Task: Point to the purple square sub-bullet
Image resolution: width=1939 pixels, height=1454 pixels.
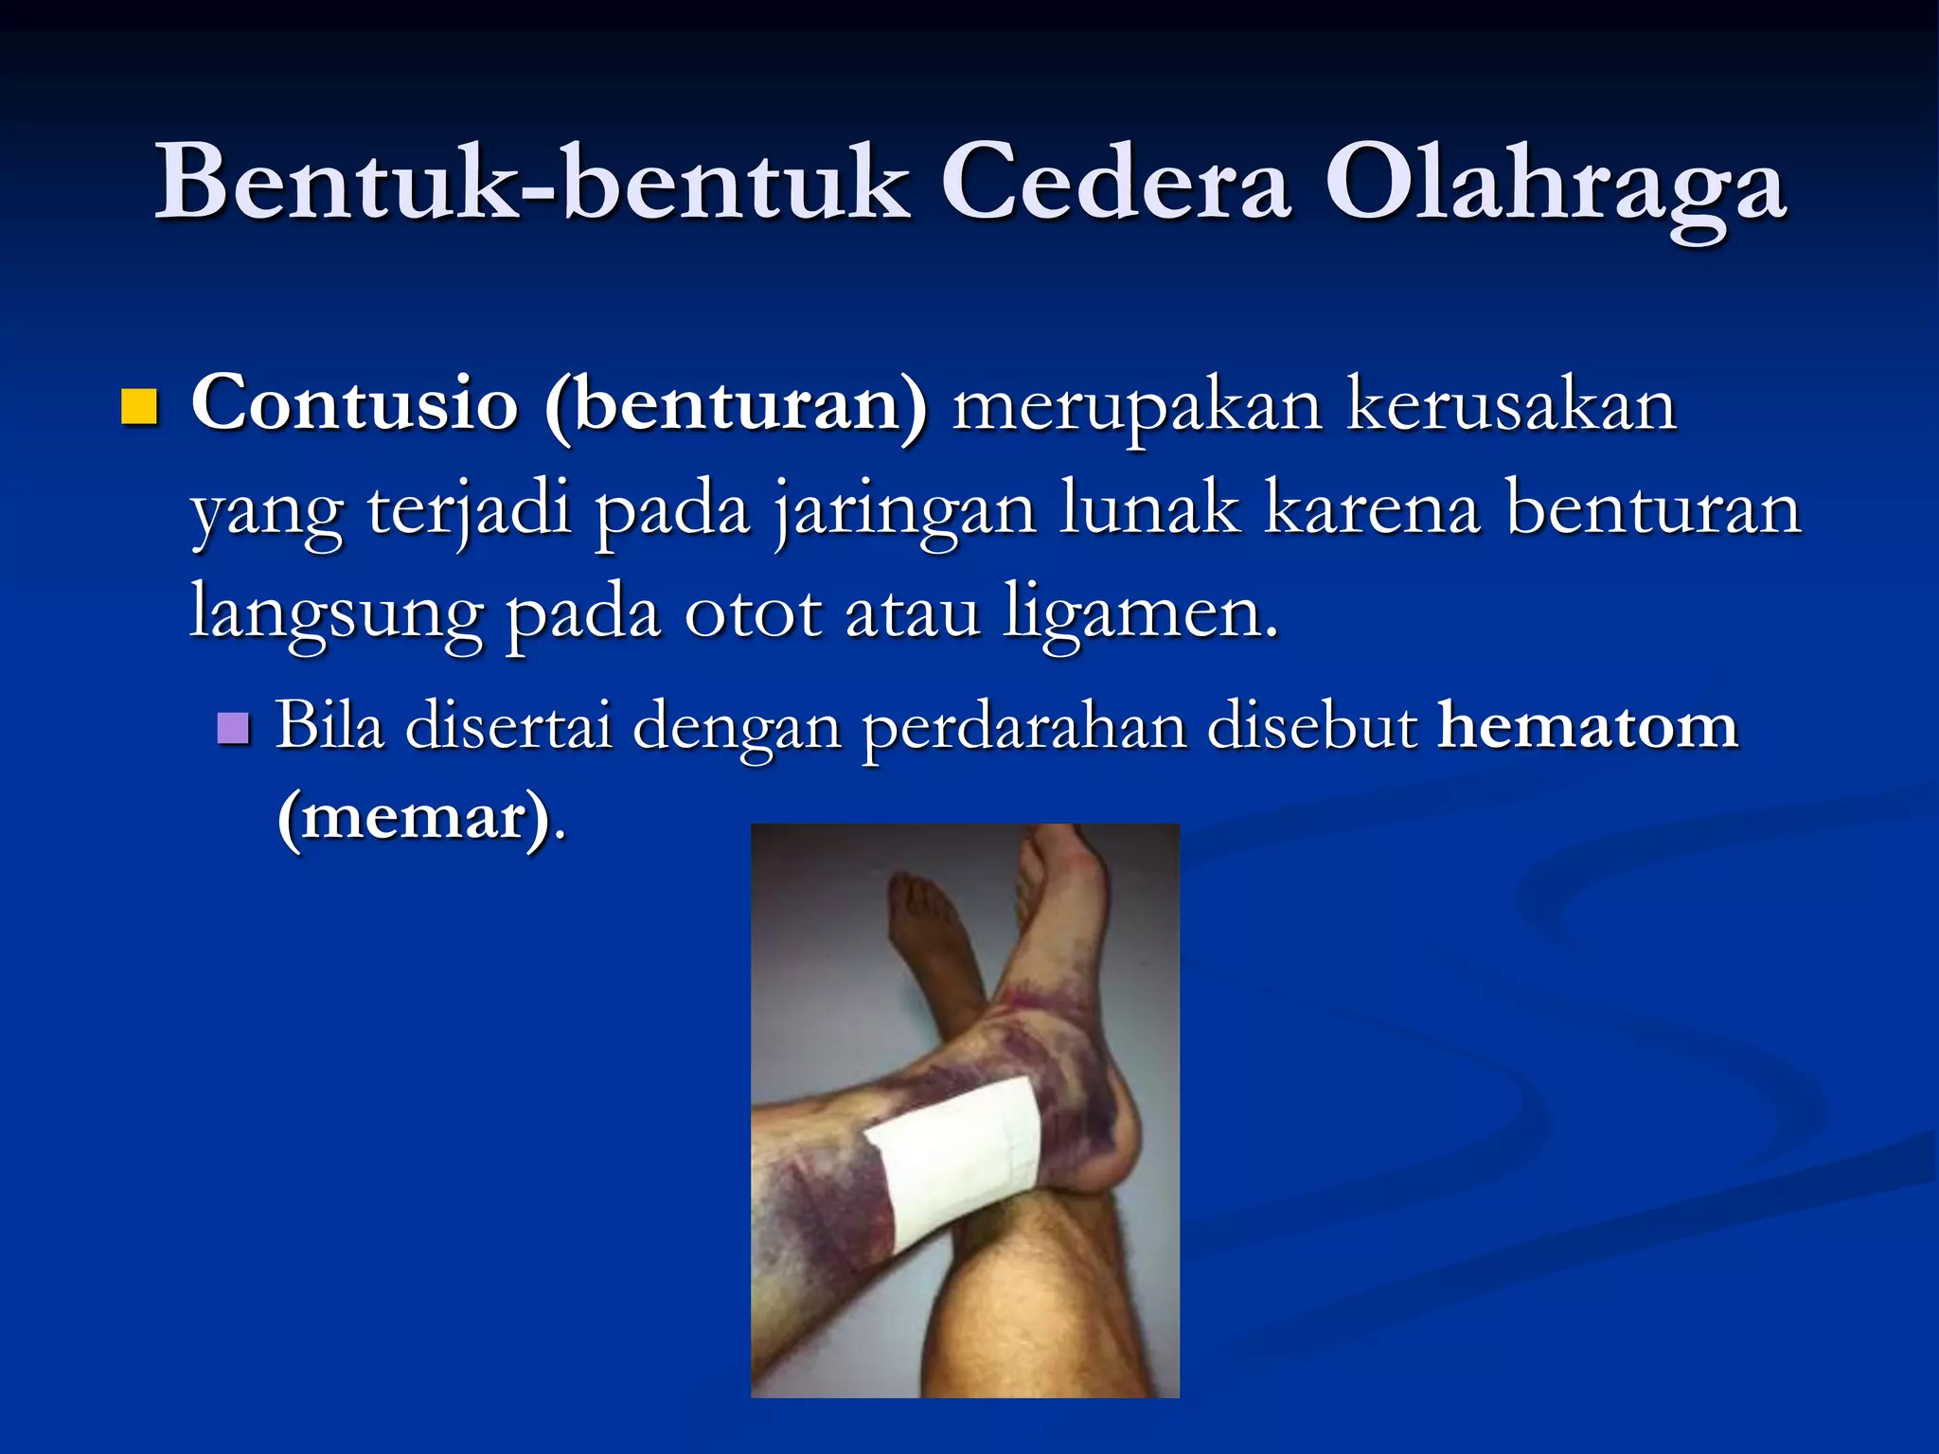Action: (x=233, y=729)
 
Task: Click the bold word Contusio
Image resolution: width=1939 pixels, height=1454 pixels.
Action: (x=355, y=404)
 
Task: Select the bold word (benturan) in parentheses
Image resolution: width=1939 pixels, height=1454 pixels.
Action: (x=737, y=407)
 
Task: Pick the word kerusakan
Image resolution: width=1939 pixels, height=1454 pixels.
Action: (x=1511, y=404)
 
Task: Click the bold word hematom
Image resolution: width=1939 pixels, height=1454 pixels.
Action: (x=1588, y=727)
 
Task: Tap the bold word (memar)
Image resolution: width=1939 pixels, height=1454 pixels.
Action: (x=416, y=816)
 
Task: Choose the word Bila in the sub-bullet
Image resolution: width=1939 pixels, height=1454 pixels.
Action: (x=330, y=727)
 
